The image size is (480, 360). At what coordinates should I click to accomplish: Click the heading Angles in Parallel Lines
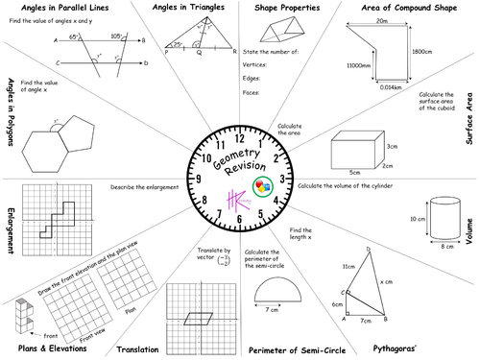click(x=60, y=8)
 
